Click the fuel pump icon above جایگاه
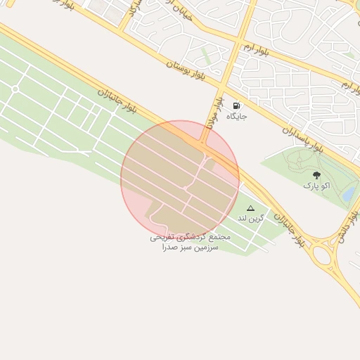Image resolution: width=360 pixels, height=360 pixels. pyautogui.click(x=236, y=105)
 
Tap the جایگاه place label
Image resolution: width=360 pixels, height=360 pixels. pyautogui.click(x=236, y=117)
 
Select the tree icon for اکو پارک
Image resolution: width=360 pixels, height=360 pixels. pyautogui.click(x=316, y=174)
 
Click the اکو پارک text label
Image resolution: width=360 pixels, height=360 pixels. pyautogui.click(x=316, y=186)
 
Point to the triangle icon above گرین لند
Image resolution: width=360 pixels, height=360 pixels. pyautogui.click(x=250, y=208)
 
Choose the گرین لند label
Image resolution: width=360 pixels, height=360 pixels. pyautogui.click(x=251, y=218)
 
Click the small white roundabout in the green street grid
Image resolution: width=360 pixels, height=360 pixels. pyautogui.click(x=15, y=89)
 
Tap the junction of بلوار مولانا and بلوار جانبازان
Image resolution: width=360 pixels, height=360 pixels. pyautogui.click(x=203, y=144)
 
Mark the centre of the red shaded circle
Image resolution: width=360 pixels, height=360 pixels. pyautogui.click(x=180, y=180)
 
